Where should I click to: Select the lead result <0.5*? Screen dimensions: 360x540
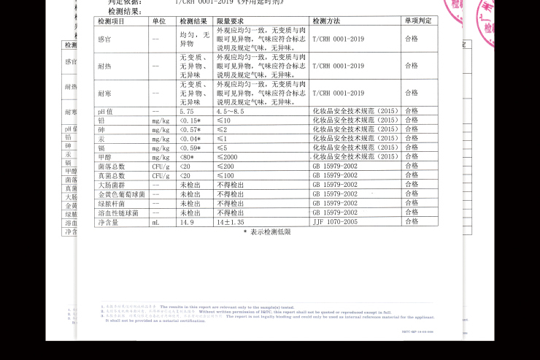pos(190,120)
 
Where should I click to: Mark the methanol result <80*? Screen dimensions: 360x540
pos(189,157)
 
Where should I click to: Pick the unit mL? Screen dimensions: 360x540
pos(155,222)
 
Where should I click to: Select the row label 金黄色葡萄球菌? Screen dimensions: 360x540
pos(121,194)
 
